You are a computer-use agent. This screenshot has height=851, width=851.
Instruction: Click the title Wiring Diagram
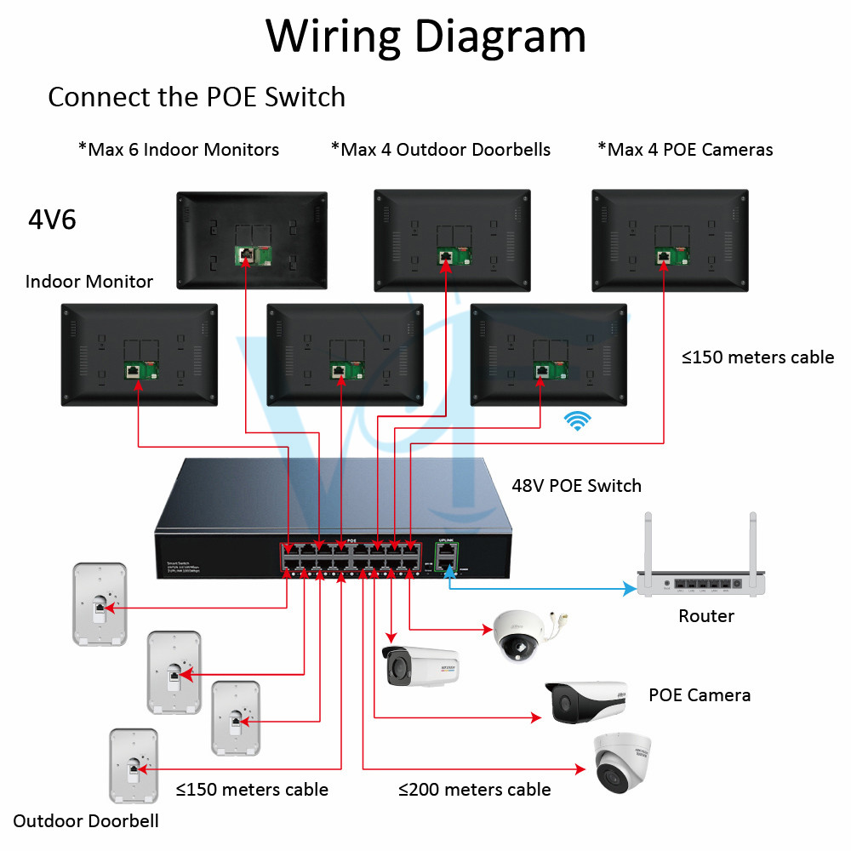click(x=425, y=36)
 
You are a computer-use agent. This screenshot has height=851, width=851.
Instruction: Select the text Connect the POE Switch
click(x=197, y=97)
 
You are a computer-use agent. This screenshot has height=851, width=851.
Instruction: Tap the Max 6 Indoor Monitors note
click(x=179, y=150)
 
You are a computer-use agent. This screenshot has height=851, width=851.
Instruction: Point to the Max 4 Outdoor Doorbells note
click(x=441, y=150)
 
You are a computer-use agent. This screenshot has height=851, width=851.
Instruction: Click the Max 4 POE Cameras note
click(x=686, y=150)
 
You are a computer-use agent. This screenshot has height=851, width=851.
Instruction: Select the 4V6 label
click(x=52, y=220)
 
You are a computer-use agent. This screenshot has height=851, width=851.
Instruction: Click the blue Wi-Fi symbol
click(x=580, y=420)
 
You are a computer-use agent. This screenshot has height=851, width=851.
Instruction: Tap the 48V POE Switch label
click(x=576, y=486)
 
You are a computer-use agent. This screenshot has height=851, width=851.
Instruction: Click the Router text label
click(x=706, y=615)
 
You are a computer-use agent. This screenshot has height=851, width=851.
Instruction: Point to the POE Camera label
click(x=700, y=695)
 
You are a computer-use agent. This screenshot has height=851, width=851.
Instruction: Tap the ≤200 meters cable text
click(x=474, y=790)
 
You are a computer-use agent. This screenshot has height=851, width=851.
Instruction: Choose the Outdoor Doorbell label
click(x=86, y=821)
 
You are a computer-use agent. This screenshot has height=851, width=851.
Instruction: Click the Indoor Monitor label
click(x=89, y=282)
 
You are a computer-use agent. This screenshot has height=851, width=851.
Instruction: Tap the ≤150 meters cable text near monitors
click(x=757, y=357)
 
